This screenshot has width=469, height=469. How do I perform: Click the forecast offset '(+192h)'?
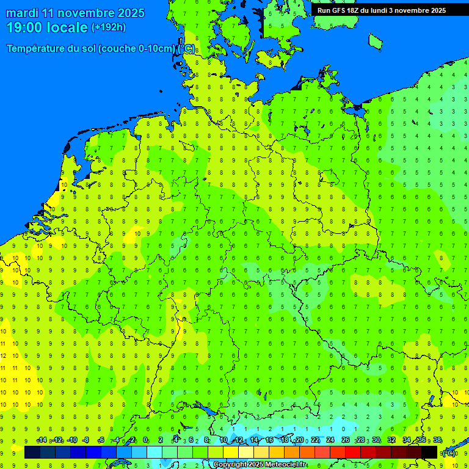pyautogui.click(x=109, y=27)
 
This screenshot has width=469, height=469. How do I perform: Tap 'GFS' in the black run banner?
pyautogui.click(x=340, y=10)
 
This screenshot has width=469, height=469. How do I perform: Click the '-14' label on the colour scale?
pyautogui.click(x=42, y=440)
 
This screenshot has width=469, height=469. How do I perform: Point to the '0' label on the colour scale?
pyautogui.click(x=145, y=440)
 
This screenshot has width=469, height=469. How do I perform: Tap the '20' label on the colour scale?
pyautogui.click(x=299, y=440)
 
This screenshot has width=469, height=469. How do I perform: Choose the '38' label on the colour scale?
pyautogui.click(x=437, y=440)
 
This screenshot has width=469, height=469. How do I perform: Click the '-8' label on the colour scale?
pyautogui.click(x=85, y=440)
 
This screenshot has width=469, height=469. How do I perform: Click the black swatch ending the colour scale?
pyautogui.click(x=429, y=453)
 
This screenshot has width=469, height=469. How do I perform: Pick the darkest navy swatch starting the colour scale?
pyautogui.click(x=32, y=453)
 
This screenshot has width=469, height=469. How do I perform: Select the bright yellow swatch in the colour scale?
pyautogui.click(x=231, y=453)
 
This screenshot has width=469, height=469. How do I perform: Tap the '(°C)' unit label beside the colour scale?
pyautogui.click(x=448, y=453)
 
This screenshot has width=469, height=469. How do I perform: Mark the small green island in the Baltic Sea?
pyautogui.click(x=375, y=41)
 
